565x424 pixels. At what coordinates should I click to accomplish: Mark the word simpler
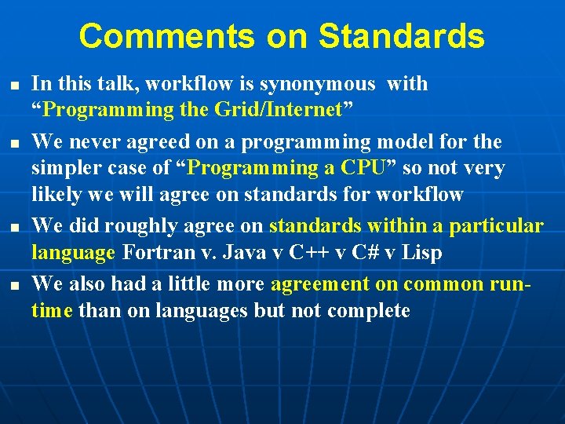pos(64,168)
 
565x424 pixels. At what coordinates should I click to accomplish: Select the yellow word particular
pos(496,226)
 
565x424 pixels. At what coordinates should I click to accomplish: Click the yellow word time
pos(52,311)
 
